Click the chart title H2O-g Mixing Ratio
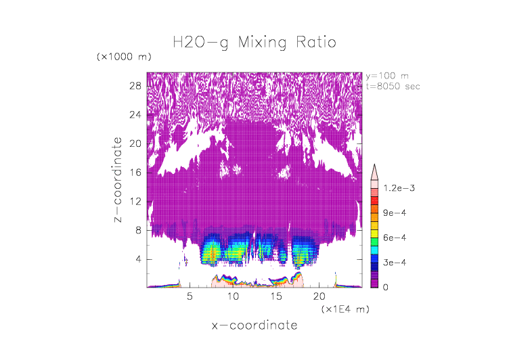point(255,43)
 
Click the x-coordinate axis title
point(255,325)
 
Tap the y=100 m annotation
point(386,76)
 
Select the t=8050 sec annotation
point(391,86)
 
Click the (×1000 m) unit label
point(125,57)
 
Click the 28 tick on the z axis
point(135,86)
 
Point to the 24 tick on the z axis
point(135,115)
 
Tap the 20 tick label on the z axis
point(135,143)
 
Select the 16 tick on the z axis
point(135,173)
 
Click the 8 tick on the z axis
point(137,230)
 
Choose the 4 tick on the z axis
point(137,259)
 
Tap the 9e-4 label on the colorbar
point(394,213)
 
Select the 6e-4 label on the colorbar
point(394,238)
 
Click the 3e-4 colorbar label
point(394,262)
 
